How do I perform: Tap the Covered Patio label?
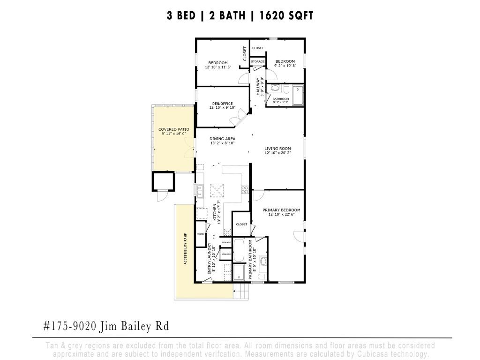[173, 129]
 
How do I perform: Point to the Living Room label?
[277, 148]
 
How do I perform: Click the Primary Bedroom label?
[281, 210]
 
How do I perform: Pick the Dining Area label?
[222, 139]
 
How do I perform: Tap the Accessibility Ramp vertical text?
[186, 249]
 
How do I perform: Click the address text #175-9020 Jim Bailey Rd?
[105, 326]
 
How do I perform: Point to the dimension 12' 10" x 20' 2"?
[277, 153]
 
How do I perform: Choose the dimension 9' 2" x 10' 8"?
[285, 66]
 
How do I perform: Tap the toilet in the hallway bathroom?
[275, 88]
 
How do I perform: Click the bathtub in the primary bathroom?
[239, 250]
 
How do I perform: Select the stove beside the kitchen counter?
[244, 189]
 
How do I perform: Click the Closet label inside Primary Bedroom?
[241, 225]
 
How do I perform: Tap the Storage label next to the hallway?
[257, 61]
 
